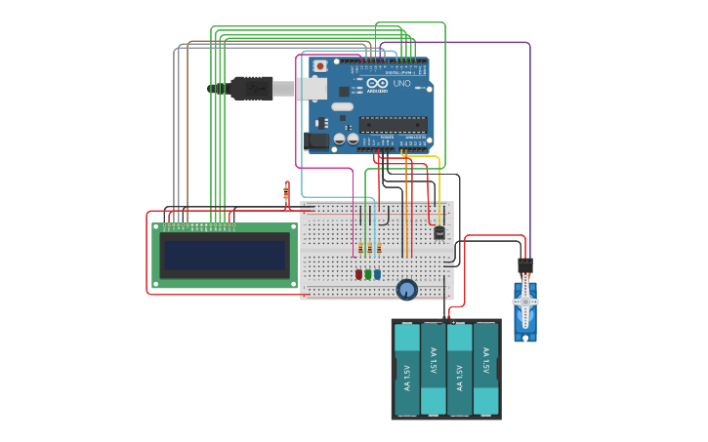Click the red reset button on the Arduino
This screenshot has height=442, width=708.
(319, 66)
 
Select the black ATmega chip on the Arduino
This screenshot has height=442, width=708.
(393, 124)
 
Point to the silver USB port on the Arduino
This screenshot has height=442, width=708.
(311, 89)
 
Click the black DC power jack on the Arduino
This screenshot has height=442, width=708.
(315, 141)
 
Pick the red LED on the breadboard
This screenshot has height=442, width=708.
(358, 274)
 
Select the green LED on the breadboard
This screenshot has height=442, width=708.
(368, 274)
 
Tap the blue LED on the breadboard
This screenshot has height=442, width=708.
(378, 274)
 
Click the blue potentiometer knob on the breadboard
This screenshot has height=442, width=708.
(407, 289)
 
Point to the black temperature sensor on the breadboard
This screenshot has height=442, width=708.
(438, 232)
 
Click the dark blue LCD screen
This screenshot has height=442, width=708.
(225, 256)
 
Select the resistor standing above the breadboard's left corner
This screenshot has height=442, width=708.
(286, 192)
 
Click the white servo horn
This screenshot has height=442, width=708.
(525, 303)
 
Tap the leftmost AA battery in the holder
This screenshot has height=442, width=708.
(407, 369)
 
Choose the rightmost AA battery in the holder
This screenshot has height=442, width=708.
(485, 369)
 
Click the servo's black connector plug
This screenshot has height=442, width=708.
(525, 265)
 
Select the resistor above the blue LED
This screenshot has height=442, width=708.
(379, 248)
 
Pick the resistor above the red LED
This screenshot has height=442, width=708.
(360, 248)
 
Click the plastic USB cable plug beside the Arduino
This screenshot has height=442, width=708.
(251, 88)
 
